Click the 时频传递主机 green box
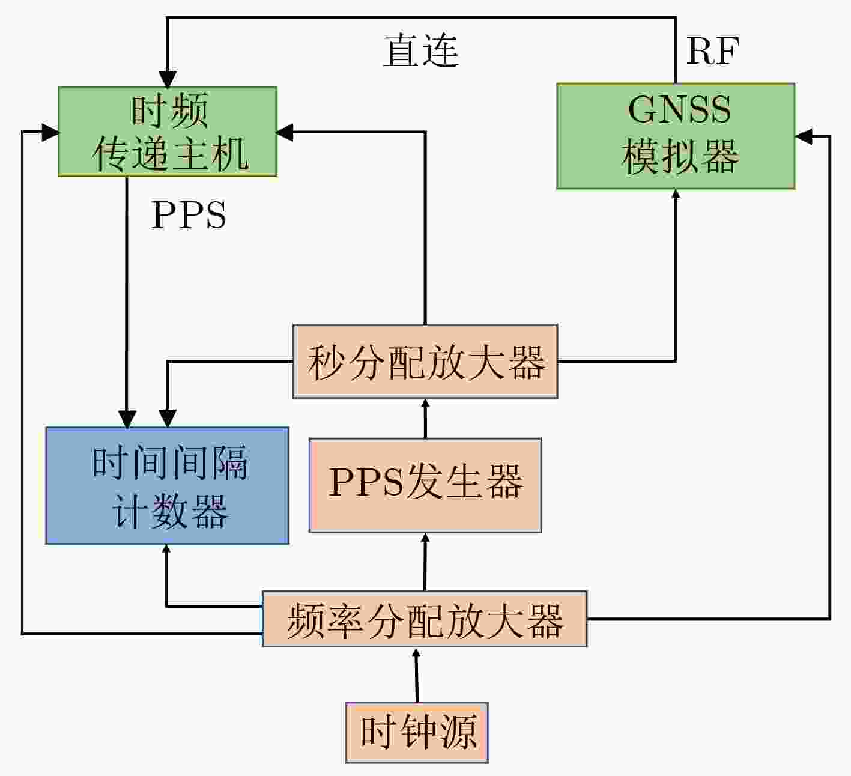coord(168,132)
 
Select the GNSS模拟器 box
coord(676,136)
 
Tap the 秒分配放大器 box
coord(425,361)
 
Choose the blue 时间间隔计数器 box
coord(167,485)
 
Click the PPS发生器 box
coord(425,485)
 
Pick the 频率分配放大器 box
coord(425,619)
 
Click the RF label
coord(713,51)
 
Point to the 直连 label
coord(421,51)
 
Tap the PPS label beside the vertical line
coord(189,215)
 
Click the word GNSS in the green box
coord(680,109)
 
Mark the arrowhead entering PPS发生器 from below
coord(425,538)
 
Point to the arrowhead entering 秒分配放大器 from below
coord(425,404)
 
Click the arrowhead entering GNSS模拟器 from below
coord(676,195)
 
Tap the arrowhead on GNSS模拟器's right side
coord(804,136)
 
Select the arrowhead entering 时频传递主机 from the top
coord(168,79)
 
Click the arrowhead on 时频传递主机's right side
coord(285,132)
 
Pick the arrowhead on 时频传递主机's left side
coord(50,132)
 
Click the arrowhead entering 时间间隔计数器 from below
coord(167,550)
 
